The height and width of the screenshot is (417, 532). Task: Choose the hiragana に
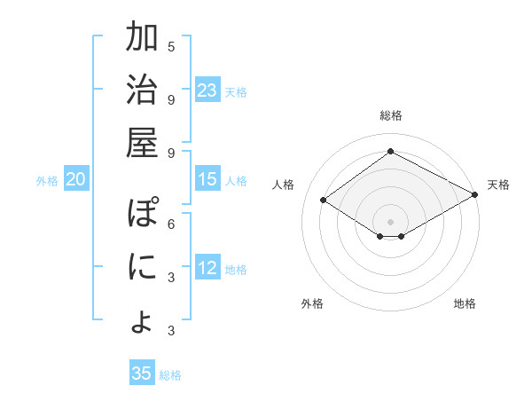142,267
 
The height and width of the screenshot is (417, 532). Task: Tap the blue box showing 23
207,90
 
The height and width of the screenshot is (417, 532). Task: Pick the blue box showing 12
207,269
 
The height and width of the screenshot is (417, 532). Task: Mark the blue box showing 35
142,374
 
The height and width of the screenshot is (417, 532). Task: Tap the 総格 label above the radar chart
391,115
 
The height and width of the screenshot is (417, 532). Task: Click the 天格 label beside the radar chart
498,185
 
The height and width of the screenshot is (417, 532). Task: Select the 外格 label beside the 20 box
47,181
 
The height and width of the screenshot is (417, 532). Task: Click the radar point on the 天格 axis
475,194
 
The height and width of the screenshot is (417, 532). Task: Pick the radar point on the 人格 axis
324,201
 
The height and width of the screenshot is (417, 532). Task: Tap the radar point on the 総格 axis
390,151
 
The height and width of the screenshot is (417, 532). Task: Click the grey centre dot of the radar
390,221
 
